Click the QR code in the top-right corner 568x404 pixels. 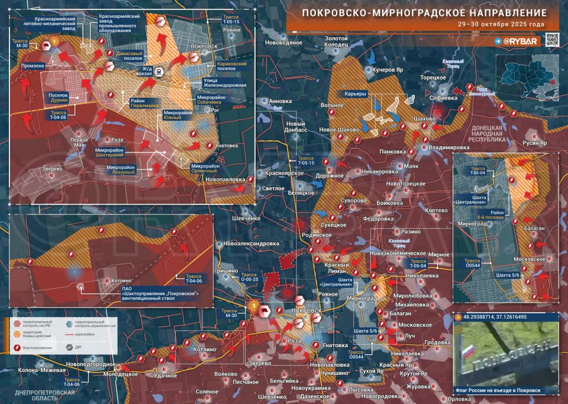coord(551,40)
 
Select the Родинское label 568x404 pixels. coord(316,235)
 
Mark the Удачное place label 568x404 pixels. coord(166,376)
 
